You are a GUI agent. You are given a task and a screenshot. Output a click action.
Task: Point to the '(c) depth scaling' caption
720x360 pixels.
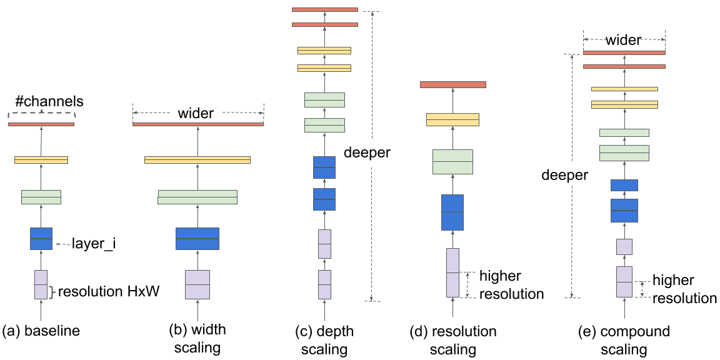324,340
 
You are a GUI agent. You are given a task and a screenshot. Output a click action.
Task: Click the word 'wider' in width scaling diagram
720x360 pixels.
196,114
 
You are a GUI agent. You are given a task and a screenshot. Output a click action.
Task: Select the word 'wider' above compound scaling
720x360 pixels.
623,41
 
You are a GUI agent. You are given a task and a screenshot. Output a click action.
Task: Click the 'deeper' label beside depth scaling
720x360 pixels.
367,152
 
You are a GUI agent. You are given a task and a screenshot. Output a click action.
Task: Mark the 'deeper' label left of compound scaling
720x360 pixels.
564,175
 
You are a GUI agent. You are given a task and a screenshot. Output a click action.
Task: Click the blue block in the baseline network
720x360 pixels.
41,239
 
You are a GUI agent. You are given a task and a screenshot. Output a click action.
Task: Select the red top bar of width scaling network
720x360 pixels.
198,124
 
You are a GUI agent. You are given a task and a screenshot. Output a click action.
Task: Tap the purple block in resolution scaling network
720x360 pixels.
452,272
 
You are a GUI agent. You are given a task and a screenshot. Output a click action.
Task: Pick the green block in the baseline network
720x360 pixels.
41,197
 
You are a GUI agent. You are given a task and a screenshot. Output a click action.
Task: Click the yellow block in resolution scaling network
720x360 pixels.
452,119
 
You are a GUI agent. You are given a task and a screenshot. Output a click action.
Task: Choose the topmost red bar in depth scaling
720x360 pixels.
324,9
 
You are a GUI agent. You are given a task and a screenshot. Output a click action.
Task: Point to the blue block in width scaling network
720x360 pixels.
197,239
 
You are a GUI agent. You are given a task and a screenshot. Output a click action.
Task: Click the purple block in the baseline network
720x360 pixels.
41,284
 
